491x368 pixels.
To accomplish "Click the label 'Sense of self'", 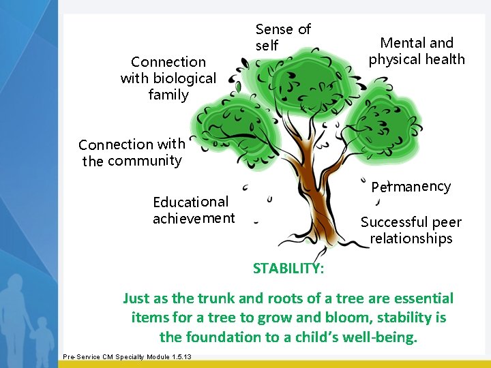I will coord(282,37).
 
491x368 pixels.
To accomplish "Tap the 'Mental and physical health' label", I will coord(417,51).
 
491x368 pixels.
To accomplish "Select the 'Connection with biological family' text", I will coord(168,78).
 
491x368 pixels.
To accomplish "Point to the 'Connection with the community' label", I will coord(132,153).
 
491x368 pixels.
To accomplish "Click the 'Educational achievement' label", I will coord(193,210).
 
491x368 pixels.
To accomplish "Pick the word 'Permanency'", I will coord(411,187).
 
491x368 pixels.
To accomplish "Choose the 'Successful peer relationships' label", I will coord(411,230).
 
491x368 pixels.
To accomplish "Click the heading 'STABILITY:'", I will coord(288,268).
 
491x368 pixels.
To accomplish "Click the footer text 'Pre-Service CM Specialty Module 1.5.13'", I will coord(127,357).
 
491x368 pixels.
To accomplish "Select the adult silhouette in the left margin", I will coord(17,307).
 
